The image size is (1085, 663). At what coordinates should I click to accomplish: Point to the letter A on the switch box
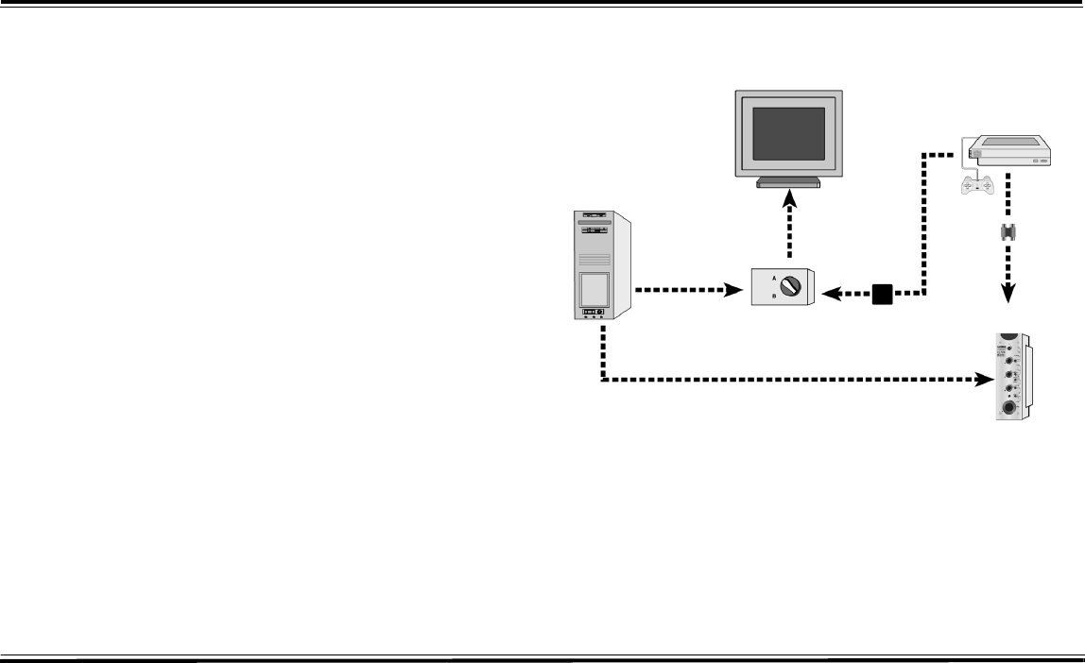[x=773, y=279]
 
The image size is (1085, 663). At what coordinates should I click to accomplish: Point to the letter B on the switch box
[x=773, y=297]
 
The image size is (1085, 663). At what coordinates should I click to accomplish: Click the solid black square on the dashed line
[x=881, y=295]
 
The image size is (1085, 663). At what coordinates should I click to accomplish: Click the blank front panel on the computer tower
[x=593, y=286]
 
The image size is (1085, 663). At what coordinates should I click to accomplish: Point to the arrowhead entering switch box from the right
[x=832, y=295]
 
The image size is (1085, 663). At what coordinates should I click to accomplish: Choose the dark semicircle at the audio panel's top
[x=1010, y=336]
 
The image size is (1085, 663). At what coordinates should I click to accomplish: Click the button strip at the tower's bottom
[x=593, y=311]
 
